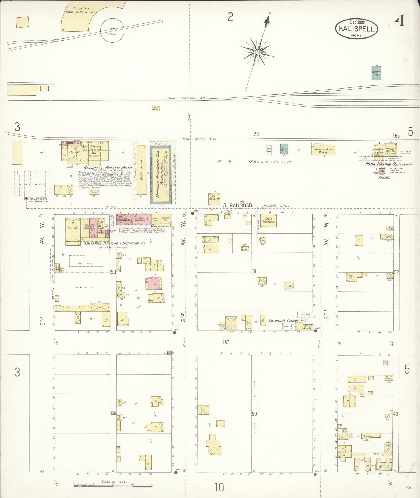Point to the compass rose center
(257, 52)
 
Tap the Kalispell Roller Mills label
(108, 168)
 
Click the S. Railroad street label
(237, 205)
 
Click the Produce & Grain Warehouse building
(323, 150)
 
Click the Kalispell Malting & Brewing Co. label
(114, 243)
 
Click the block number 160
(113, 413)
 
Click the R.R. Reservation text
(254, 162)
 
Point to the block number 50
(254, 414)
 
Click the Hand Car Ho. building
(155, 108)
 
